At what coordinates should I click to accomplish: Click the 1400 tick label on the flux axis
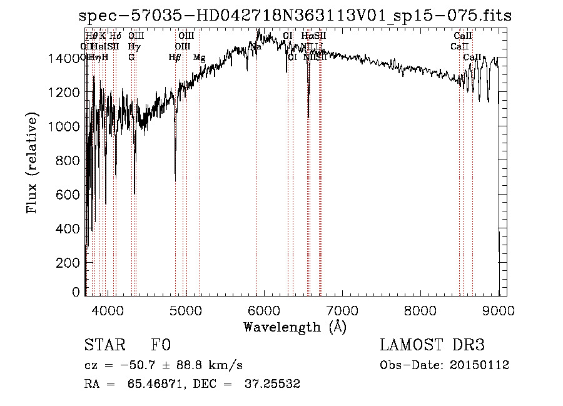[x=64, y=59]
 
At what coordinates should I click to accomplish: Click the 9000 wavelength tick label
[x=499, y=309]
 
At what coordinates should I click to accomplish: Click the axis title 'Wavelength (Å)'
[x=295, y=327]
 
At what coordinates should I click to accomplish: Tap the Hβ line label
[x=175, y=58]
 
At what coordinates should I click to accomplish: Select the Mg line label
[x=199, y=58]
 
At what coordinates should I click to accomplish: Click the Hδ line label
[x=115, y=36]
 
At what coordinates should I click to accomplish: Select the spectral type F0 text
[x=161, y=345]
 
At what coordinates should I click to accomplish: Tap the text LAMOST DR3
[x=432, y=345]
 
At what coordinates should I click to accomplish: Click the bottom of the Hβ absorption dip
[x=175, y=180]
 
